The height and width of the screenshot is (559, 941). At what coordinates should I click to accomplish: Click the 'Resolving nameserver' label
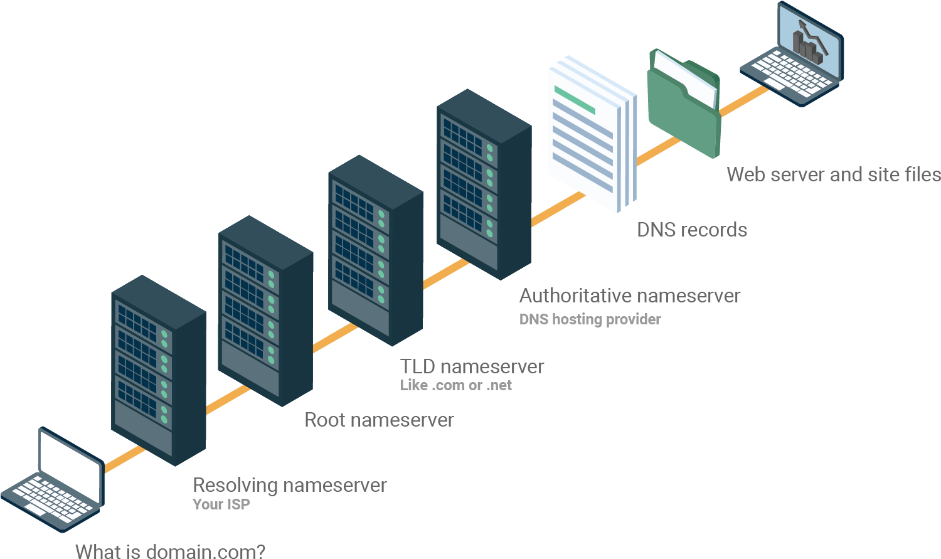(x=289, y=485)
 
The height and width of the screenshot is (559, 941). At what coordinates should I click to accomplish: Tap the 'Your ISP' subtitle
(x=221, y=504)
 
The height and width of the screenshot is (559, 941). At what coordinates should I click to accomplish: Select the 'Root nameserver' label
(x=379, y=420)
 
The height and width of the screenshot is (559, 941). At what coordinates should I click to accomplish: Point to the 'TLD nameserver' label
(x=472, y=366)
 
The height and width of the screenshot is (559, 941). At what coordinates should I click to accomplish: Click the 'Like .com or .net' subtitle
(x=456, y=385)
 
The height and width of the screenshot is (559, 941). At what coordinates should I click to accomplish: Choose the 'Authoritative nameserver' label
(x=630, y=295)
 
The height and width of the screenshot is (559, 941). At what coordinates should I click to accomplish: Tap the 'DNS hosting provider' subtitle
(x=590, y=319)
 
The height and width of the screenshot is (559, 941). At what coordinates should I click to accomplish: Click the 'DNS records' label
(x=692, y=230)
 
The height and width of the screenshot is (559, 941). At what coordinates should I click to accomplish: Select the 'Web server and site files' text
(x=833, y=174)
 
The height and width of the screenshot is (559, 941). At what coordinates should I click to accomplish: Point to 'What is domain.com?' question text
(x=170, y=551)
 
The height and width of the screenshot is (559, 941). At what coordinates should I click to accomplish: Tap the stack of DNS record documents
(x=590, y=135)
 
